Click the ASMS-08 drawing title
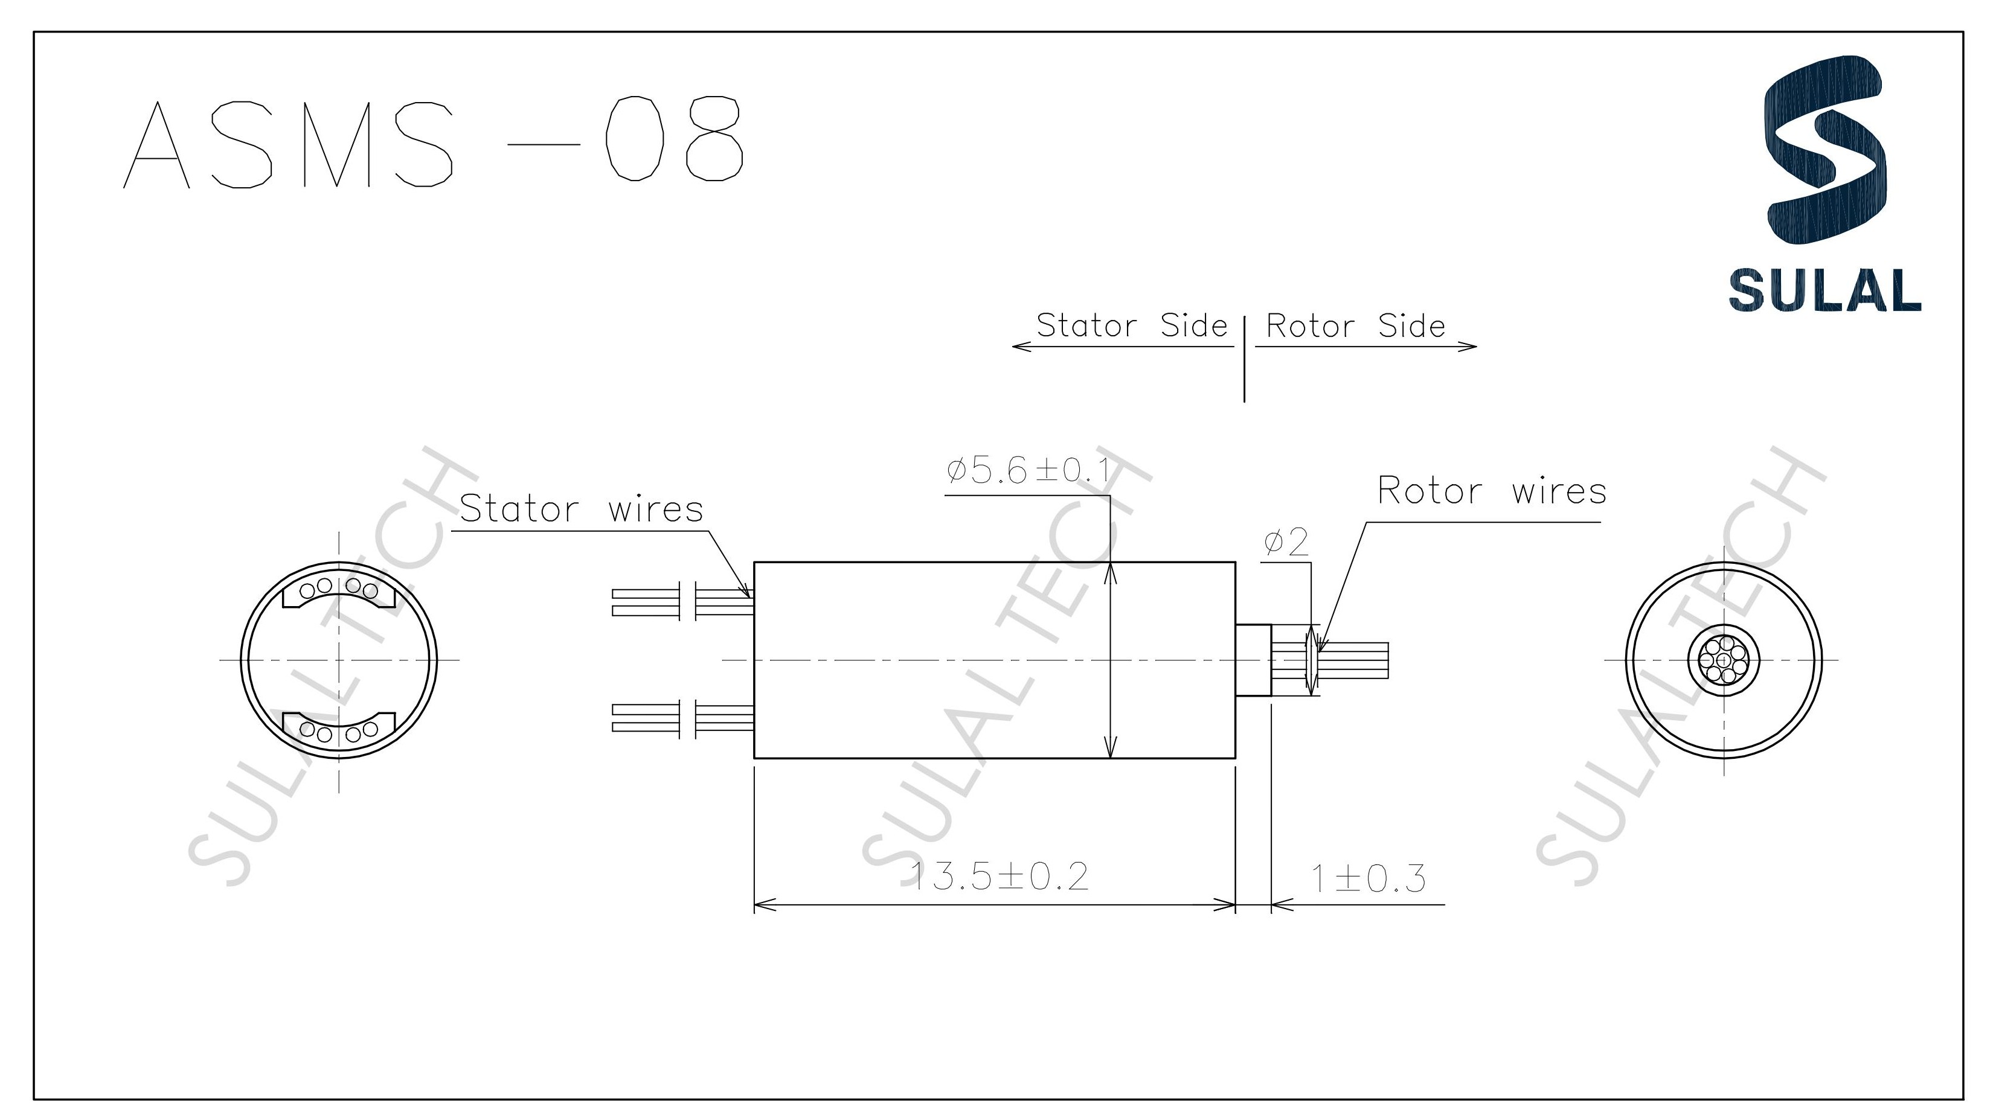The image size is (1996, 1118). [x=434, y=142]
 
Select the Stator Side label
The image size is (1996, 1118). [x=1131, y=325]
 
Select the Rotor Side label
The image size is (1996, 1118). [x=1355, y=326]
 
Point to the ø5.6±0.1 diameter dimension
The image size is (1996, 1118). [x=1027, y=470]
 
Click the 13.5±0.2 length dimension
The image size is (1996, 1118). [x=1000, y=877]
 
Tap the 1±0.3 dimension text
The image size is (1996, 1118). [x=1367, y=878]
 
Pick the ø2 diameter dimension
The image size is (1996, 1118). [x=1286, y=542]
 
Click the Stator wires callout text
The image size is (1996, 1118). [x=581, y=509]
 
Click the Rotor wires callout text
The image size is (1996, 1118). [x=1492, y=491]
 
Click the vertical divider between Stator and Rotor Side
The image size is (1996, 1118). [x=1244, y=360]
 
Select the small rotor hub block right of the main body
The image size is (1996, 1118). [x=1253, y=660]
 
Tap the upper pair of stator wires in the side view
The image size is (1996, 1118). [x=682, y=602]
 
